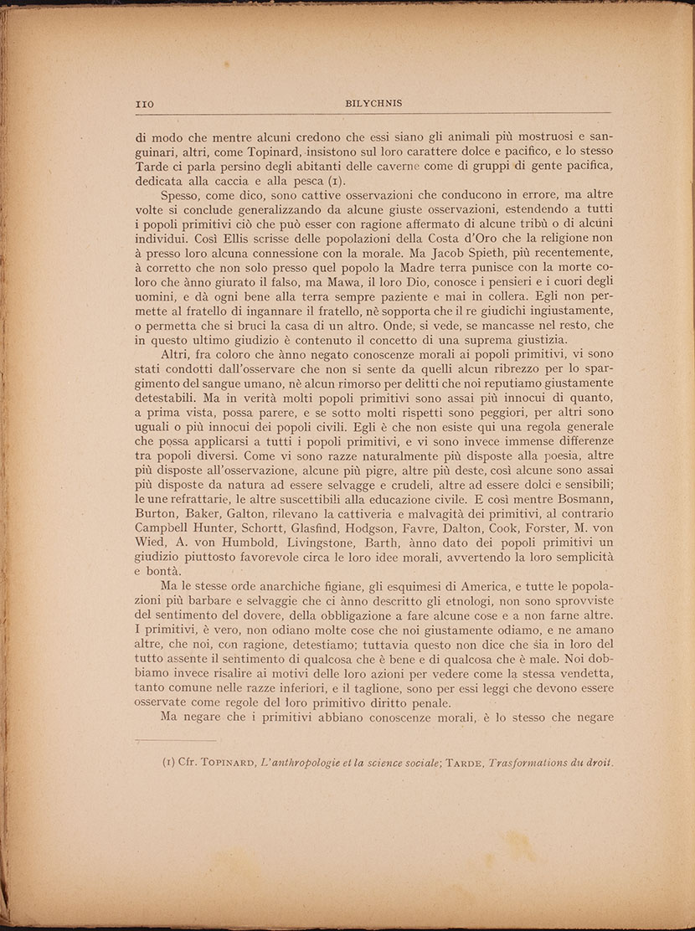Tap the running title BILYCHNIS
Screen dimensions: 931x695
click(373, 104)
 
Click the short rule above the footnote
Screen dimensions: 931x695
click(176, 739)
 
